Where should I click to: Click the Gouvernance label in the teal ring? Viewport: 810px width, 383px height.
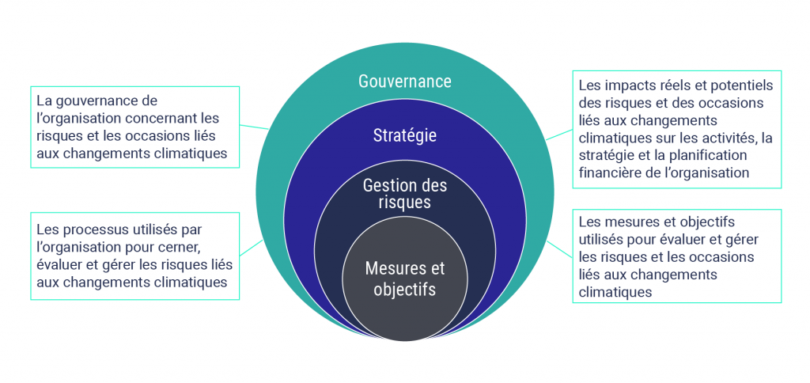click(x=404, y=82)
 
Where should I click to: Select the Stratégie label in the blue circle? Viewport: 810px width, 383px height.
click(x=404, y=135)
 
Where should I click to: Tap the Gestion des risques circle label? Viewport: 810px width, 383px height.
click(x=404, y=194)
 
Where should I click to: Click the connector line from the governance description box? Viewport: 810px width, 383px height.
click(x=254, y=126)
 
